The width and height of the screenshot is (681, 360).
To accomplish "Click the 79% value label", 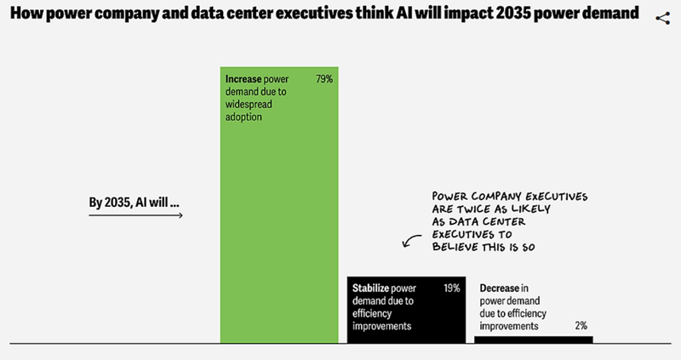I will pyautogui.click(x=323, y=78).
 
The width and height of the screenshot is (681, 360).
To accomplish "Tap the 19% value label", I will pyautogui.click(x=451, y=289).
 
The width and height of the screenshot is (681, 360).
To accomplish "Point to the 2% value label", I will pyautogui.click(x=580, y=325).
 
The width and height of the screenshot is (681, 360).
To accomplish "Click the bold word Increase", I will pyautogui.click(x=243, y=78).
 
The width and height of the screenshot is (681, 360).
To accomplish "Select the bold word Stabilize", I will pyautogui.click(x=372, y=289).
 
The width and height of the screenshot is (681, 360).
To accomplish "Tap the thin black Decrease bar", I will pyautogui.click(x=533, y=340).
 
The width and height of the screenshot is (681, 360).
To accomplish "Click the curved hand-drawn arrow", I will pyautogui.click(x=412, y=243).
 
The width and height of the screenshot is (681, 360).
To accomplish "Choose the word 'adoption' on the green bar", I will pyautogui.click(x=243, y=117).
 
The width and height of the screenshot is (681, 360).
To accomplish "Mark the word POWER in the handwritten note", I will pyautogui.click(x=453, y=195).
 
